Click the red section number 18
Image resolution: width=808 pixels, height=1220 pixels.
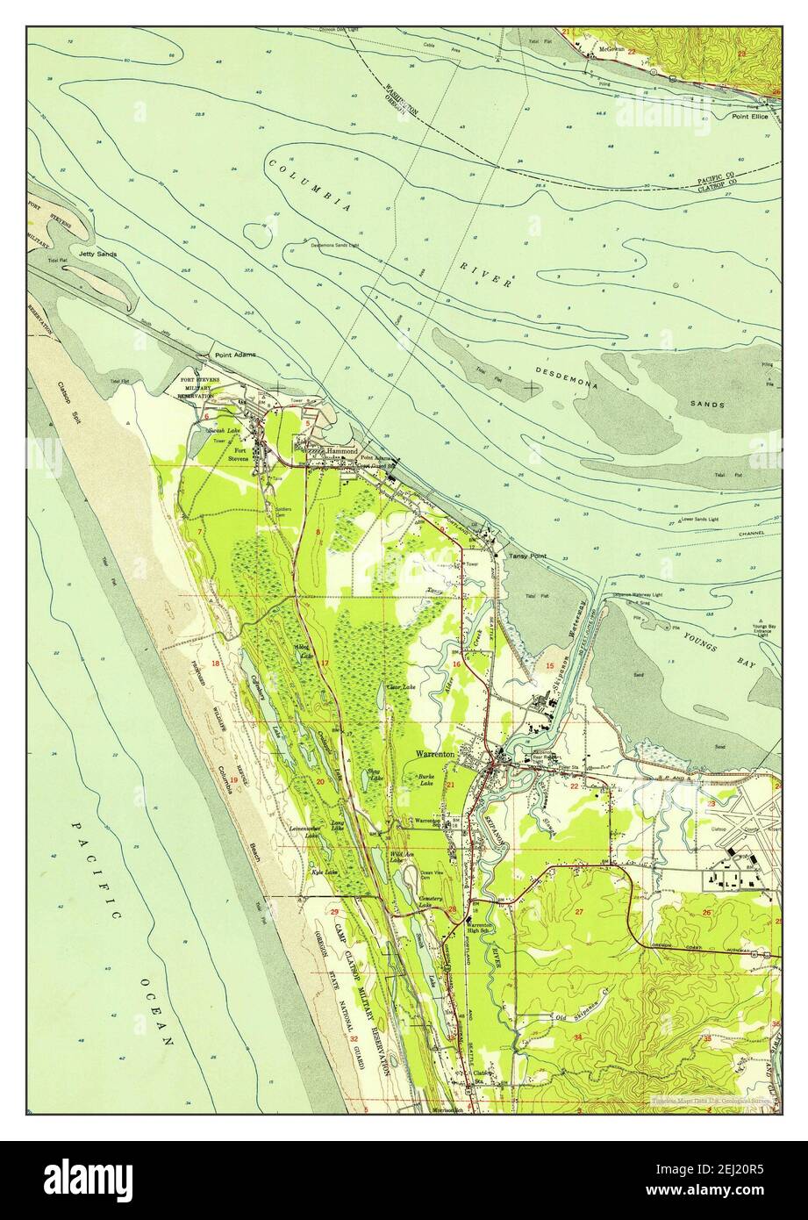[215, 664]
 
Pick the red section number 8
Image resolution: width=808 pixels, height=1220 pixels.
[317, 533]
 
